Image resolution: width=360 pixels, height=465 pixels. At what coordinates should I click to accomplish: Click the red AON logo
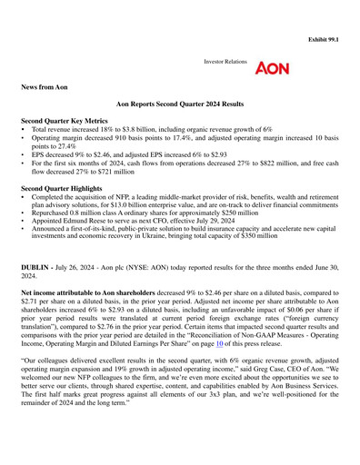click(273, 70)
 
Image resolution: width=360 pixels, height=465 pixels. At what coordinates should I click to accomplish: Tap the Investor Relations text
click(225, 66)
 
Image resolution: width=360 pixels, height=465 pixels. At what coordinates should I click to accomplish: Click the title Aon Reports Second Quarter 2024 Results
click(180, 105)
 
